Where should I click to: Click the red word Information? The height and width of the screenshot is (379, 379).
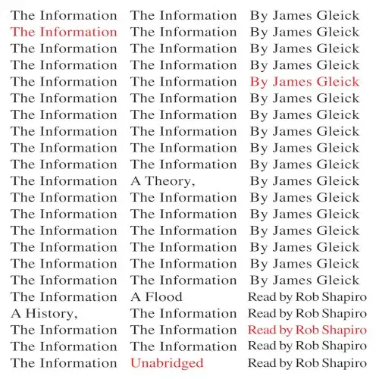click(x=78, y=32)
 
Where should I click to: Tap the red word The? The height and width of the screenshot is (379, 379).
click(x=23, y=32)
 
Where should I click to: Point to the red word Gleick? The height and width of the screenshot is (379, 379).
click(x=338, y=82)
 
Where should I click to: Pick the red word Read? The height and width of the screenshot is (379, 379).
click(x=261, y=330)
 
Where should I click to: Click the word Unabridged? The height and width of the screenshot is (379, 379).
click(x=167, y=363)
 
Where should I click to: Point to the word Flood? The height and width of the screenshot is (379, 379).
click(x=164, y=297)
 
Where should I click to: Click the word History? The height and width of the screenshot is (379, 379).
click(x=49, y=314)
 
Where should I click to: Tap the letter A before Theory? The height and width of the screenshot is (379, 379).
click(x=136, y=181)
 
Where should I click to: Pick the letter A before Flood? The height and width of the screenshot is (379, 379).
click(x=136, y=297)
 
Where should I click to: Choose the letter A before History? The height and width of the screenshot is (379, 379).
click(x=16, y=314)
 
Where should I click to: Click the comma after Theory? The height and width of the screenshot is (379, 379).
click(x=193, y=186)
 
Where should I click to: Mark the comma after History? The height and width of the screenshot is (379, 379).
click(x=75, y=318)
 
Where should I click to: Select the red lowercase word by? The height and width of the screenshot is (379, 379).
click(x=285, y=330)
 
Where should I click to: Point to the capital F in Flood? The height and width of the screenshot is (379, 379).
click(x=149, y=297)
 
